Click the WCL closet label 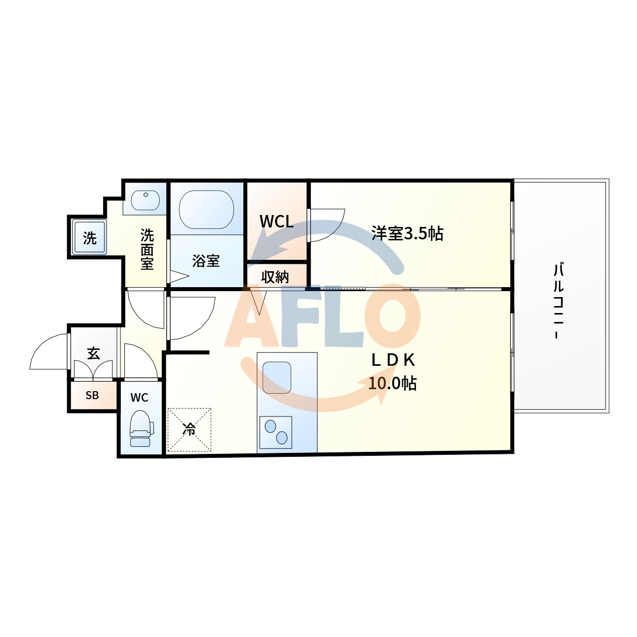click(x=277, y=221)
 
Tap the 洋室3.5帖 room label click(x=407, y=233)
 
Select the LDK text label click(x=393, y=360)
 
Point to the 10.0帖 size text click(x=392, y=383)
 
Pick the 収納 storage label click(x=275, y=277)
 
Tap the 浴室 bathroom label click(x=206, y=261)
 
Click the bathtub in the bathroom click(x=207, y=210)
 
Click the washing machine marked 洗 click(x=90, y=237)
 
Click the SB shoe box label click(x=92, y=395)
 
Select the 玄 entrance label click(x=94, y=354)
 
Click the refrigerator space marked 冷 click(x=190, y=430)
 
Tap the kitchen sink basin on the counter click(x=277, y=378)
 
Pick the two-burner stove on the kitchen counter click(x=276, y=432)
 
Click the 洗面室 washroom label click(x=147, y=249)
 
